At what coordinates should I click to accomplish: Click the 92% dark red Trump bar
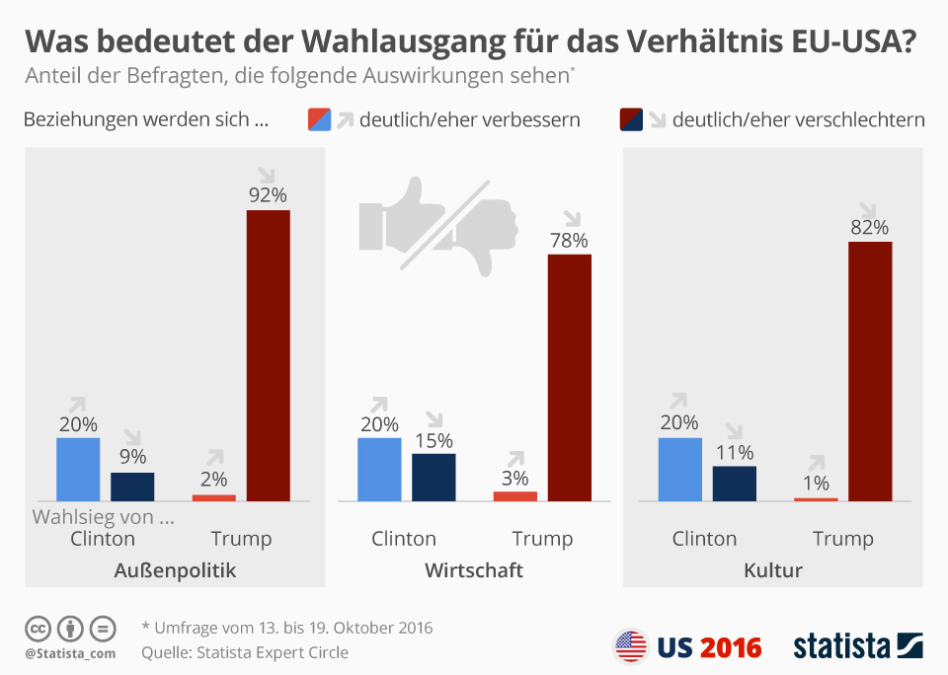coord(268,354)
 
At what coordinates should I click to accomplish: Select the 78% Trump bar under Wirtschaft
coord(569,377)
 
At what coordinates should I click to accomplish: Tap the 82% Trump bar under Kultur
coord(870,370)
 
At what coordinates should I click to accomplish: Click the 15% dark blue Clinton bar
coord(434,477)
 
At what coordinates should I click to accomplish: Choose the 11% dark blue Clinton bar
coord(734,483)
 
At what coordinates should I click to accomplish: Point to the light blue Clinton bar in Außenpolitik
coord(78,469)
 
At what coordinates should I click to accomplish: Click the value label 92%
coord(268,194)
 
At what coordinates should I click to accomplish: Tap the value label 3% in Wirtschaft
coord(515,479)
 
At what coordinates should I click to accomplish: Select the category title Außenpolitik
coord(175,570)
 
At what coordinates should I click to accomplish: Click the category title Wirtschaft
coord(474,570)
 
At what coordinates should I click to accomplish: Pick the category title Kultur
coord(773,570)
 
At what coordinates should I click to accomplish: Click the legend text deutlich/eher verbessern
coord(469,120)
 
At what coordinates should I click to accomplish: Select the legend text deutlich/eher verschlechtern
coord(798,120)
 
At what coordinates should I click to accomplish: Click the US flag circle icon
coord(630,646)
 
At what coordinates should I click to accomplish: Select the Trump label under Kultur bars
coord(842,538)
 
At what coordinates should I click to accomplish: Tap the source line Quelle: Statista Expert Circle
coord(245,652)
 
